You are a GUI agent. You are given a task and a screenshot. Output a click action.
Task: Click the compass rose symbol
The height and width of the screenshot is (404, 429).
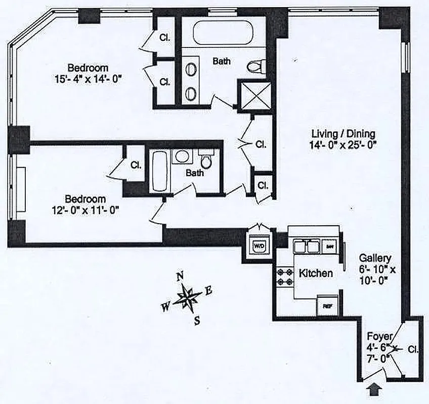tap(187, 298)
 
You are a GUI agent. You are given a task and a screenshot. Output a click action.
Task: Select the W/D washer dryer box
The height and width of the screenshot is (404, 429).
tap(259, 246)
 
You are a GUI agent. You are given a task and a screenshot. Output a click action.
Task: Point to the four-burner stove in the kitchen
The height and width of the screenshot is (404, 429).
tap(281, 278)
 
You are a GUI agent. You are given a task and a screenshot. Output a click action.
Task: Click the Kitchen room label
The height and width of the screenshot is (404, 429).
tap(316, 273)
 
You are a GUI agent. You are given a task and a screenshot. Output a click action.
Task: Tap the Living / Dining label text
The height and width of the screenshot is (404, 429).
tap(343, 134)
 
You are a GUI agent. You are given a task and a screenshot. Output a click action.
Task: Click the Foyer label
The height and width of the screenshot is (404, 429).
tap(379, 336)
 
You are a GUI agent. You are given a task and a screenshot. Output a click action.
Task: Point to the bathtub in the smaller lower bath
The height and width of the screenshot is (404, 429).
tap(158, 171)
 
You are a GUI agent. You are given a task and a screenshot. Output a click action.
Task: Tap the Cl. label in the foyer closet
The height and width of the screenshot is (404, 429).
tap(413, 349)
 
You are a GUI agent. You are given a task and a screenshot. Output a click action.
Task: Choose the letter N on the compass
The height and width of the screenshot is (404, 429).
tap(179, 276)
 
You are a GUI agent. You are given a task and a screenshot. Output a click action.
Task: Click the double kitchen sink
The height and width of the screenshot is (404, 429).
tap(307, 246)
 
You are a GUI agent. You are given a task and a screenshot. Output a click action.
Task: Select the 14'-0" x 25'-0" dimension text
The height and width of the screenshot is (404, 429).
tap(343, 144)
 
